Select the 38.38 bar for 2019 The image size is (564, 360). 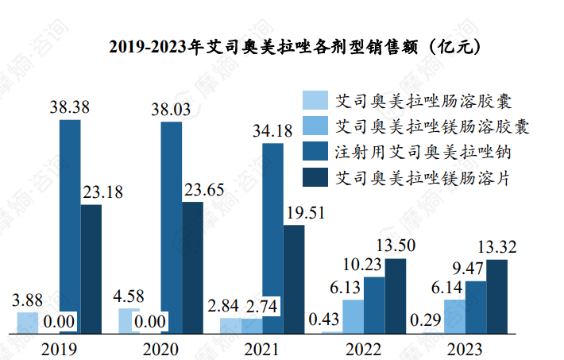[x=70, y=226]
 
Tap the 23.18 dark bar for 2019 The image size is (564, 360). [x=91, y=268]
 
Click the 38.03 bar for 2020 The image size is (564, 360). [x=171, y=226]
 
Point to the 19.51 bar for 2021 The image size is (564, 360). [x=294, y=278]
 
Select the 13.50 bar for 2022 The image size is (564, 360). [x=395, y=295]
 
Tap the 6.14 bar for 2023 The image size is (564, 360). [x=455, y=315]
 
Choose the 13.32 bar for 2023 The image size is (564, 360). [x=496, y=296]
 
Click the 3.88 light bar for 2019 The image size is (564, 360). [x=28, y=322]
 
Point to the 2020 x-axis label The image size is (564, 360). [x=160, y=348]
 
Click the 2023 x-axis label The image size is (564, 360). [x=465, y=348]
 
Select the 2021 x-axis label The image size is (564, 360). [x=262, y=348]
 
